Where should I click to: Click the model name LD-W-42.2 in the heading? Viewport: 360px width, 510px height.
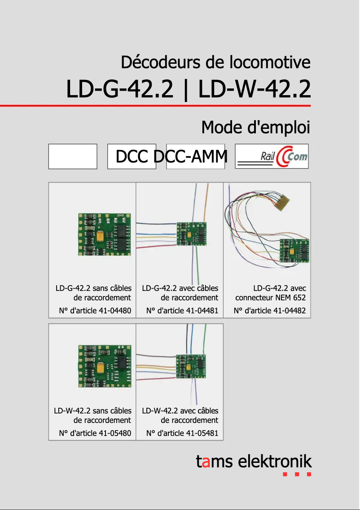pos(254,89)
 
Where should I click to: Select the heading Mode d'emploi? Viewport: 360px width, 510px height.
pos(255,127)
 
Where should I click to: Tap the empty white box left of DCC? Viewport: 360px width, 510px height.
pos(73,157)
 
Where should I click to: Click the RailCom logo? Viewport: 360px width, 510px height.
pos(272,157)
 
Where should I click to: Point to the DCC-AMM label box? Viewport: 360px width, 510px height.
pos(195,157)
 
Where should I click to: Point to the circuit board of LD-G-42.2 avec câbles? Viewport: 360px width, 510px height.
pos(191,234)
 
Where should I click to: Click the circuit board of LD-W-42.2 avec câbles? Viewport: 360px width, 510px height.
pos(191,366)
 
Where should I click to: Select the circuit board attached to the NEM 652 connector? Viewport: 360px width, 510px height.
pos(294,251)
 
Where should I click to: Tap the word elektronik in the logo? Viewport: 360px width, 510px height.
pos(275,461)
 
